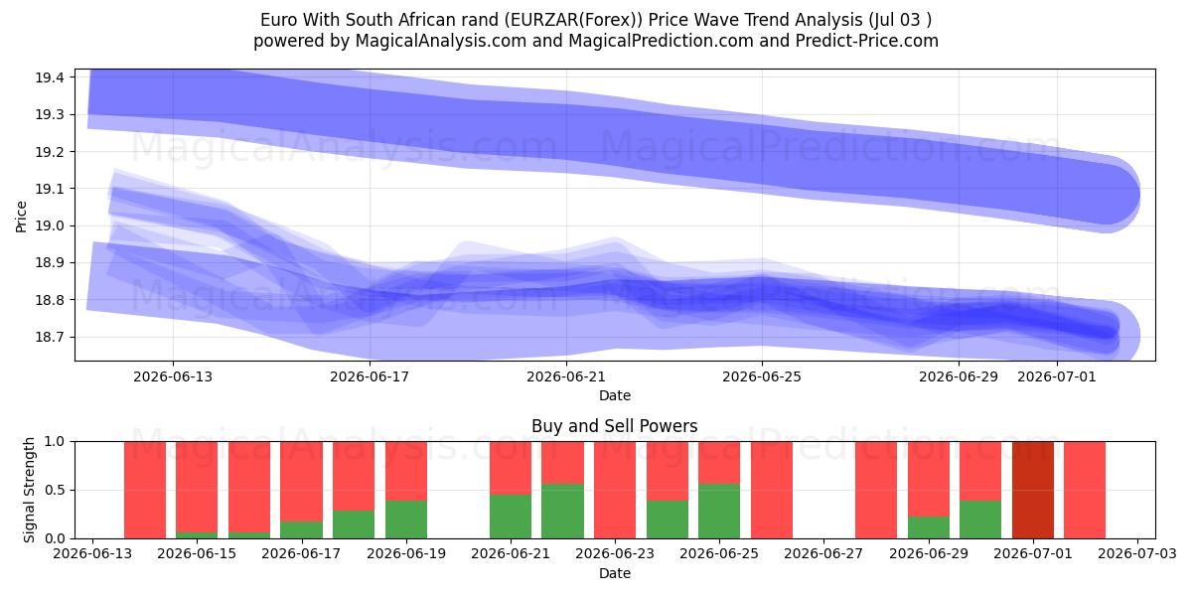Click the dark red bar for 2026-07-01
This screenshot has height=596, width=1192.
point(1033,490)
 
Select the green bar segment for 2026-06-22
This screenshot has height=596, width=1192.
point(562,511)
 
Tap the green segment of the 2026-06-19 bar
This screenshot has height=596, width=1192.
point(406,520)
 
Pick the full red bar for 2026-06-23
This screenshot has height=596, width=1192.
point(615,490)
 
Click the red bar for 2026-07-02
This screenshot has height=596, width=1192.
point(1085,490)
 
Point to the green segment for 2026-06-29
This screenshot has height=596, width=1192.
point(929,527)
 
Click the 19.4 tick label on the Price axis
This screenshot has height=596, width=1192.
point(50,77)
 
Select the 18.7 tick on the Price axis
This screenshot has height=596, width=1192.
point(50,337)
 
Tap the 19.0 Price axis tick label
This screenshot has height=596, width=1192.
point(50,225)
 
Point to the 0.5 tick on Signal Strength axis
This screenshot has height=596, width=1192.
point(55,490)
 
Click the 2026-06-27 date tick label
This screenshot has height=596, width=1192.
point(823,553)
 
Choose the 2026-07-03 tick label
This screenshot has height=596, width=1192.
point(1137,553)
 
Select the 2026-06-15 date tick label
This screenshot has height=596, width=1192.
point(197,553)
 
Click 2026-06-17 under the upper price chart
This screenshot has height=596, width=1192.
point(370,376)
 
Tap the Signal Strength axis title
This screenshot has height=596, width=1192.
point(29,490)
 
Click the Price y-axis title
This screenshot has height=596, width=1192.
point(21,217)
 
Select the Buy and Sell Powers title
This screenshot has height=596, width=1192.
point(615,426)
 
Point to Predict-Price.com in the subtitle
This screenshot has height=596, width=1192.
point(867,41)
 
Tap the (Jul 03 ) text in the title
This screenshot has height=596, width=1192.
point(900,20)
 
